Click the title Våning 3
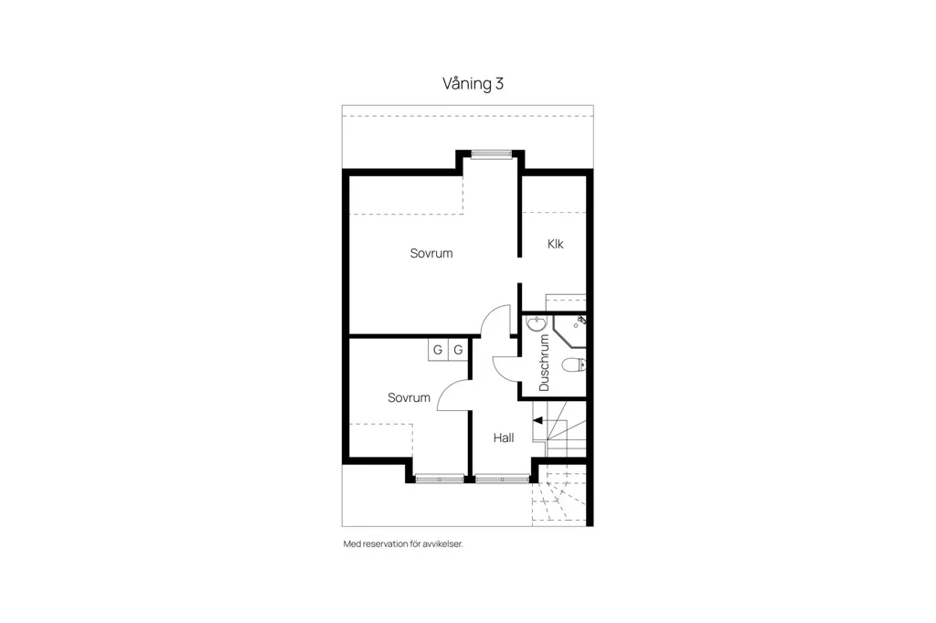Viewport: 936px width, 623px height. pyautogui.click(x=473, y=83)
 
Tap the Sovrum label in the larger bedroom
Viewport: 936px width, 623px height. pyautogui.click(x=431, y=253)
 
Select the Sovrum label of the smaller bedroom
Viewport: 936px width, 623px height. pyautogui.click(x=409, y=397)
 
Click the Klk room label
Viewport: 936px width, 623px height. pyautogui.click(x=555, y=244)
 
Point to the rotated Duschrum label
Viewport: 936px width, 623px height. pyautogui.click(x=544, y=363)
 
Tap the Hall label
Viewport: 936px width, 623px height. pyautogui.click(x=504, y=438)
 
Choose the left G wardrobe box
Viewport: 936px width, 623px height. pyautogui.click(x=438, y=350)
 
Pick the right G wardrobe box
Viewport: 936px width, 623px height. pyautogui.click(x=458, y=350)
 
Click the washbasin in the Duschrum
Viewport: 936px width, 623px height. pyautogui.click(x=537, y=324)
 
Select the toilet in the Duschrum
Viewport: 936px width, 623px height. pyautogui.click(x=574, y=364)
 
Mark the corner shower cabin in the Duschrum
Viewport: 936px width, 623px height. pyautogui.click(x=569, y=331)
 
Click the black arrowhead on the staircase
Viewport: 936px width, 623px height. pyautogui.click(x=537, y=421)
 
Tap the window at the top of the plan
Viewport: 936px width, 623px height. pyautogui.click(x=491, y=154)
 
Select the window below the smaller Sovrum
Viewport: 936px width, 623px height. pyautogui.click(x=440, y=479)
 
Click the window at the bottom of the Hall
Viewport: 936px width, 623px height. pyautogui.click(x=502, y=479)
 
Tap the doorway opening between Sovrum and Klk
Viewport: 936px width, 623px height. pyautogui.click(x=520, y=270)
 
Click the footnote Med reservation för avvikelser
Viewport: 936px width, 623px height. pyautogui.click(x=403, y=544)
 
